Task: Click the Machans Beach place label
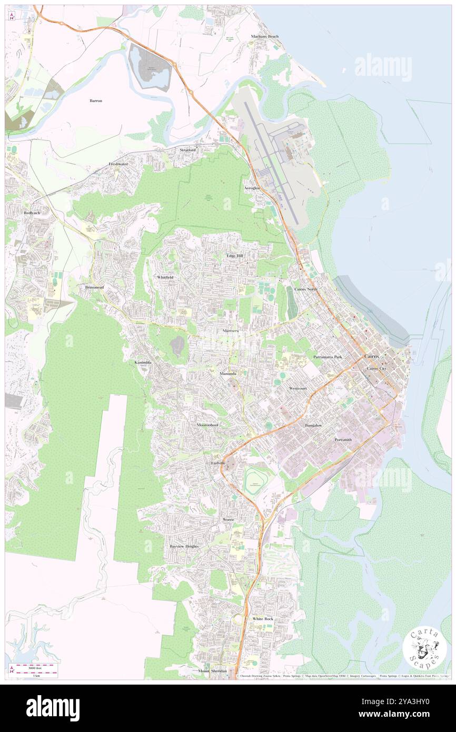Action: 265,37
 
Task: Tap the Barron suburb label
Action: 96,100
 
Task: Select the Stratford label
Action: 187,150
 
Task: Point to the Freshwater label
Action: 118,164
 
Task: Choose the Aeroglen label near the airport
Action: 252,188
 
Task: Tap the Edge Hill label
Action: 235,256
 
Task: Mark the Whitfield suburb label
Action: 165,277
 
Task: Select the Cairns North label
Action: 306,290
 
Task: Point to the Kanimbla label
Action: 143,363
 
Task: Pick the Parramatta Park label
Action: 328,357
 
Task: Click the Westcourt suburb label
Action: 298,388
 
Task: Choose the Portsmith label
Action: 347,439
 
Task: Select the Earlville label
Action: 219,462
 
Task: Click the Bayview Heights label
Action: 184,546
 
